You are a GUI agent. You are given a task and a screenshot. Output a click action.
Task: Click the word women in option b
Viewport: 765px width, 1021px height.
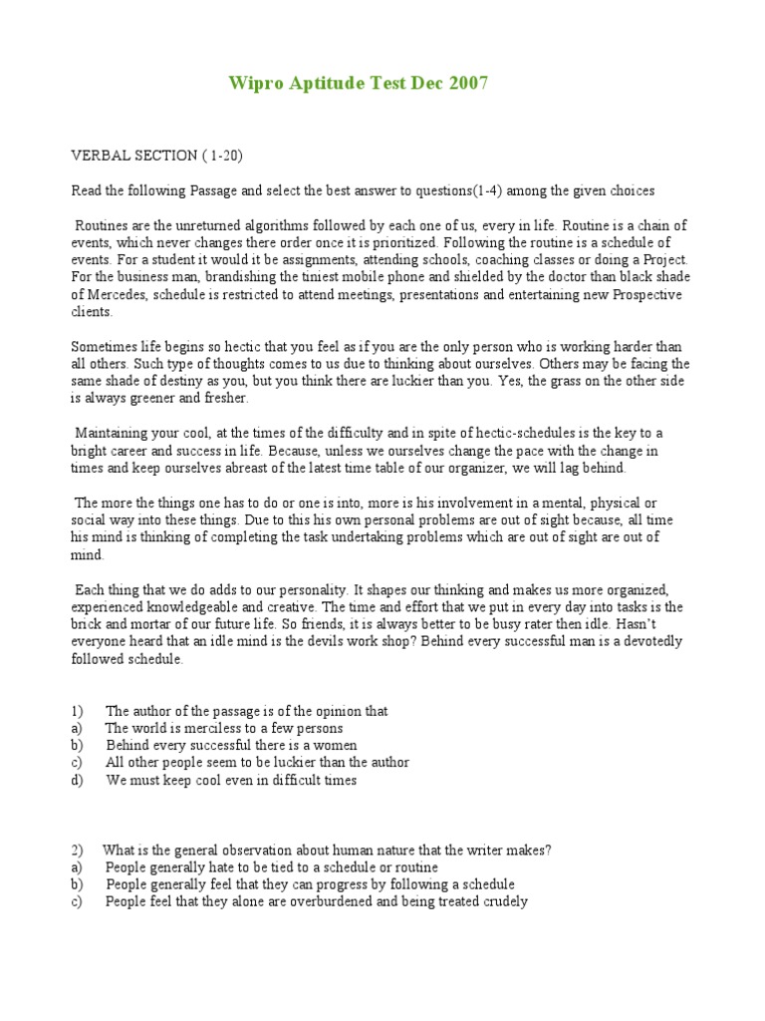tap(334, 745)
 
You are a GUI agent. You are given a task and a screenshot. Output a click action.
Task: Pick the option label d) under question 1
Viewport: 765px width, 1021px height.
tap(77, 780)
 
